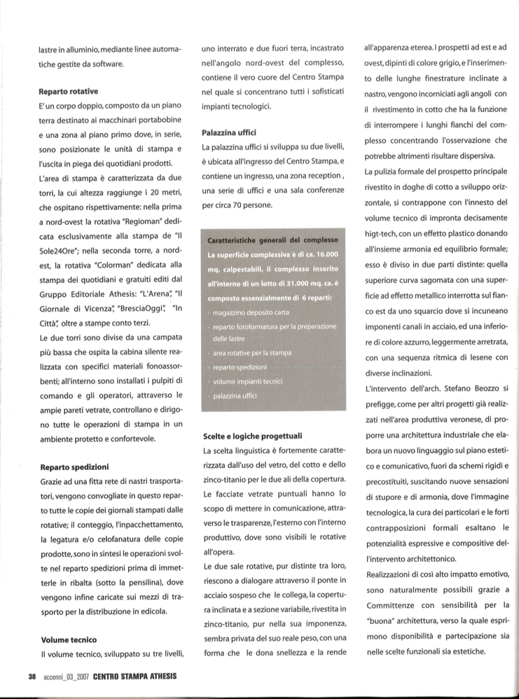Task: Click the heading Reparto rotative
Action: click(x=68, y=91)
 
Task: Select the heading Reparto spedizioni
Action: click(x=74, y=466)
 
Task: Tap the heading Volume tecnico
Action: click(x=68, y=639)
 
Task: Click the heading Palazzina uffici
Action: click(x=230, y=132)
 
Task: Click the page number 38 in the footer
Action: click(x=32, y=676)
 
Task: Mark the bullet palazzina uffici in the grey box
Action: click(x=240, y=396)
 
